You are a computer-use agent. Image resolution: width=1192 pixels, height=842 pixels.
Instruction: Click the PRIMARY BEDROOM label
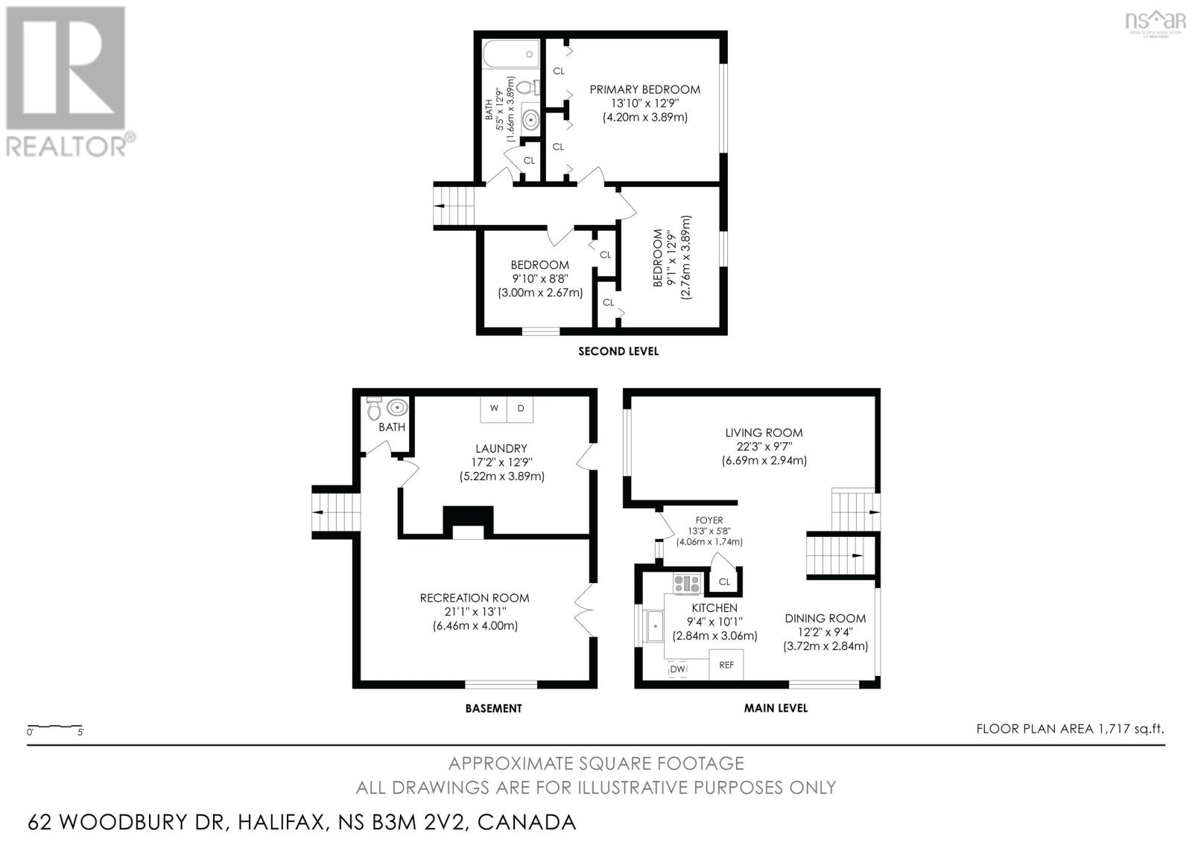point(644,89)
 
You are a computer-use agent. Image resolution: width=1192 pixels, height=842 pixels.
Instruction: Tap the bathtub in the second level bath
point(511,54)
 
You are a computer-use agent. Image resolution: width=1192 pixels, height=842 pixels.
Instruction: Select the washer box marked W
point(494,409)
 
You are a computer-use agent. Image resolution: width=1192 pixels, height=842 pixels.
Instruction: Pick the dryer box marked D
point(521,409)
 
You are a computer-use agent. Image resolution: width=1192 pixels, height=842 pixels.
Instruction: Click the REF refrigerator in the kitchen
point(726,665)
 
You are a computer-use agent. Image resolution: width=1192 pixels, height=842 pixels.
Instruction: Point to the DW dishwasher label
point(677,670)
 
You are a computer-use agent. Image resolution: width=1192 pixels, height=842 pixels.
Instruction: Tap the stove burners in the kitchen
point(687,584)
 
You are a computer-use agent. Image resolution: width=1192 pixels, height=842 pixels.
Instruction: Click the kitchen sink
point(654,626)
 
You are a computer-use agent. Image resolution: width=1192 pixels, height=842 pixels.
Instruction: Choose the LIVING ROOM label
point(764,433)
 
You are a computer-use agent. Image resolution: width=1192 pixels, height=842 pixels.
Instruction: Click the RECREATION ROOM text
point(474,598)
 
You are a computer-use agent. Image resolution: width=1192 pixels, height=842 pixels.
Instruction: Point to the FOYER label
point(708,520)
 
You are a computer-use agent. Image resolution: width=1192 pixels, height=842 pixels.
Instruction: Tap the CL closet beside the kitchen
point(724,580)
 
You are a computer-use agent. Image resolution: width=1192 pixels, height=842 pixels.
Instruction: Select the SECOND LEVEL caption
point(618,351)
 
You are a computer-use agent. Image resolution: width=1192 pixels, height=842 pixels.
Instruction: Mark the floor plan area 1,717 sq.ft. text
point(1070,729)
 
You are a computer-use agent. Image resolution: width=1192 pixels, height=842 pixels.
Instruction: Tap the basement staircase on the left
point(336,512)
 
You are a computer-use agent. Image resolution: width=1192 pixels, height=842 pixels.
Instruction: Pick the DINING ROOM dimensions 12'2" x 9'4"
point(825,632)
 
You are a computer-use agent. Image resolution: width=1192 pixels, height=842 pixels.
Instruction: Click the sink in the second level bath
point(530,120)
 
